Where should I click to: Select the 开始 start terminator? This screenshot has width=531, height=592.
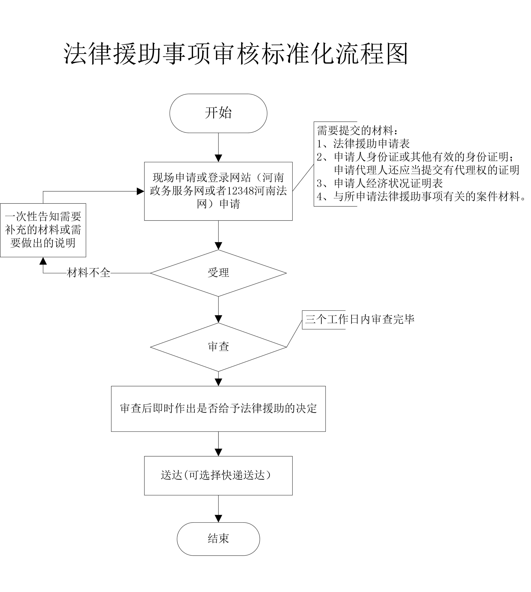tap(218, 113)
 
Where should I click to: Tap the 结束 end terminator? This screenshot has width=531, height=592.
tap(218, 539)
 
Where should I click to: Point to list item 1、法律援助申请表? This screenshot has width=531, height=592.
tap(363, 144)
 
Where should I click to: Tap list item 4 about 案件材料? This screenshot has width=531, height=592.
tap(420, 197)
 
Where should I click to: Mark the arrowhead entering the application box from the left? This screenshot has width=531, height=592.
tap(140, 191)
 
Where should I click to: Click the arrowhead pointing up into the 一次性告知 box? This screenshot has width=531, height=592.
tap(43, 261)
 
